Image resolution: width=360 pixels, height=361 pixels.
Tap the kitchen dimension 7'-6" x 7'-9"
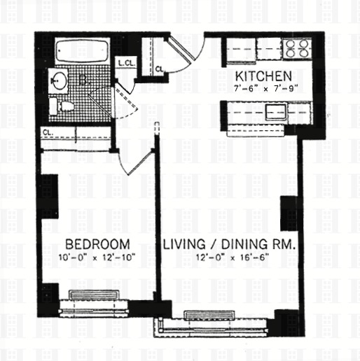264,88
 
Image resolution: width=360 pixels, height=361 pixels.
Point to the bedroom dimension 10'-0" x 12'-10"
97,257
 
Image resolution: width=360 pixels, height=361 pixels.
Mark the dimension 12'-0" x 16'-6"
228,257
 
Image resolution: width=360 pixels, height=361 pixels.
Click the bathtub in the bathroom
81,52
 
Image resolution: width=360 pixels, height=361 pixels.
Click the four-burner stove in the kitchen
296,48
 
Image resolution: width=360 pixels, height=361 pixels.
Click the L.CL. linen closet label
126,64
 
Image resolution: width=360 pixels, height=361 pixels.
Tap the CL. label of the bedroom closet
48,132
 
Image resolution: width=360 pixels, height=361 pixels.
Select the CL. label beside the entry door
160,69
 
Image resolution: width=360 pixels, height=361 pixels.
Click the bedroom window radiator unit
95,295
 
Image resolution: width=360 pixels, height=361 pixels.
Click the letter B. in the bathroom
84,82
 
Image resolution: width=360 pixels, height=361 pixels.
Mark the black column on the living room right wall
289,213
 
